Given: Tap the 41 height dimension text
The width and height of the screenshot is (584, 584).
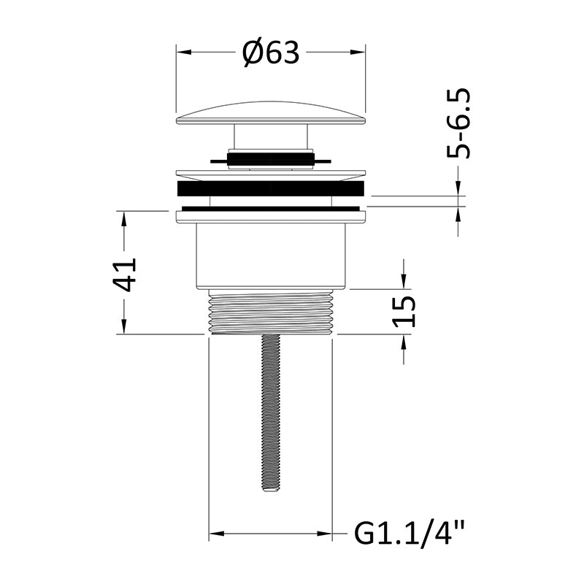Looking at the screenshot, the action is (x=125, y=274).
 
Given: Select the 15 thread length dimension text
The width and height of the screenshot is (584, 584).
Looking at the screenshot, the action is (x=404, y=312).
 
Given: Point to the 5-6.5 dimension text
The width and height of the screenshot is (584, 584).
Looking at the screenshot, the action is (x=459, y=123).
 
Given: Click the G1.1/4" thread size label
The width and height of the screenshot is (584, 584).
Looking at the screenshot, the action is (x=410, y=533).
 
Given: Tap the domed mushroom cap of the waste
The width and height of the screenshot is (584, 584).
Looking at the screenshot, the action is (x=271, y=112).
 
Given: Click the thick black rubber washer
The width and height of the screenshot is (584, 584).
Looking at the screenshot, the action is (x=271, y=188).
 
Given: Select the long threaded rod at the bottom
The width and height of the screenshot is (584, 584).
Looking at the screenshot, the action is (x=271, y=412).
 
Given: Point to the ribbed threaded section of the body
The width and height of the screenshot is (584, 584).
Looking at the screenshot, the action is (x=271, y=312).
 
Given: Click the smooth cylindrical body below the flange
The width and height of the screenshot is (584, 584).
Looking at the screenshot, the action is (x=271, y=256).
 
